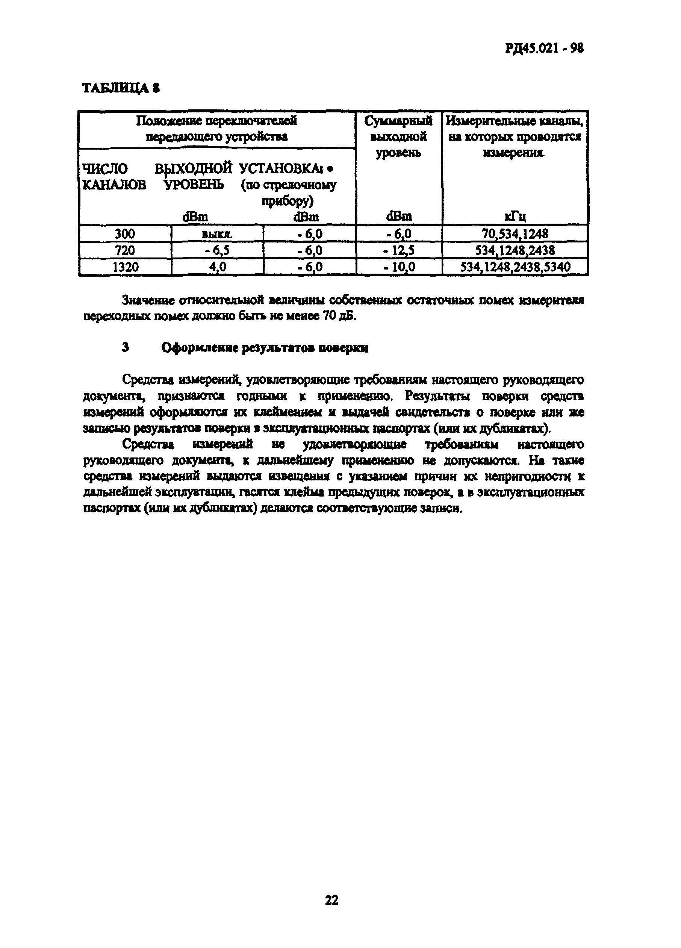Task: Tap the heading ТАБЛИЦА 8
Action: [x=121, y=88]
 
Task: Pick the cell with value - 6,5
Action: [x=218, y=250]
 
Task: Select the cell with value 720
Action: [x=124, y=250]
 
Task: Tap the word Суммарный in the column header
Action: [x=398, y=121]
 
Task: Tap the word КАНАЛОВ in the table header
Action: [x=115, y=185]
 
